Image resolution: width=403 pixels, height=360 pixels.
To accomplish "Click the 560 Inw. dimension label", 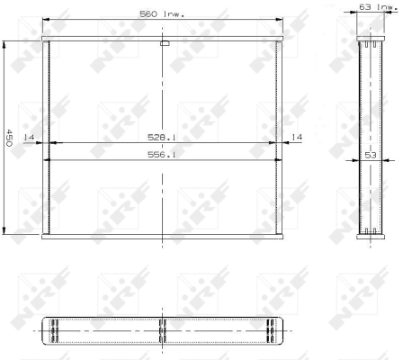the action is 162,13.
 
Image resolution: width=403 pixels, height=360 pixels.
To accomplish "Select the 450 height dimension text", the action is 9,138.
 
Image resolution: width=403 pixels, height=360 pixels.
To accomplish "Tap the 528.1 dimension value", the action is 162,138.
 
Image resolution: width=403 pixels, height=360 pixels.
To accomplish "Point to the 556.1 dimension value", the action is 162,155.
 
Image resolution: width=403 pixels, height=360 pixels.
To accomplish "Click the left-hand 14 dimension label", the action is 29,137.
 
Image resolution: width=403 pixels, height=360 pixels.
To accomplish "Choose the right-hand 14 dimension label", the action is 297,137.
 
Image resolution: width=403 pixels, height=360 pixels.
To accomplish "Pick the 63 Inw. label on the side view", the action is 379,6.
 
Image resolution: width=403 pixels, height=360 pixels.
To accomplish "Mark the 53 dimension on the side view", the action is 371,155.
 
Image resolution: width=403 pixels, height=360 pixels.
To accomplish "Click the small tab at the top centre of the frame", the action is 165,44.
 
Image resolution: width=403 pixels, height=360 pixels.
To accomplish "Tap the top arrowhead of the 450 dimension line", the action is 4,44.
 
